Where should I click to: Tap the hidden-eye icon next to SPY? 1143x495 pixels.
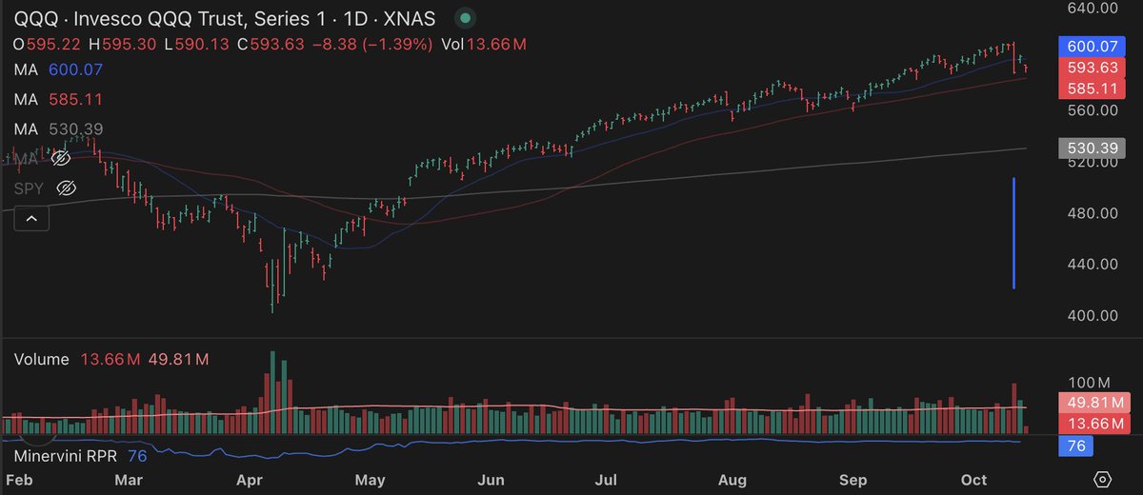coord(66,188)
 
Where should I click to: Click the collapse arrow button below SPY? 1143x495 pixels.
coord(31,220)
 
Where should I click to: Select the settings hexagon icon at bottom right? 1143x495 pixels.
coord(1103,479)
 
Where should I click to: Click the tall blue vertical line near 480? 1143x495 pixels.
coord(1013,233)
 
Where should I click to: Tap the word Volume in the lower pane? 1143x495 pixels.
coord(42,359)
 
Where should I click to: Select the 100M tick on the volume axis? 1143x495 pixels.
coord(1091,382)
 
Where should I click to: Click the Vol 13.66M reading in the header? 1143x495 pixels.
coord(485,44)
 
